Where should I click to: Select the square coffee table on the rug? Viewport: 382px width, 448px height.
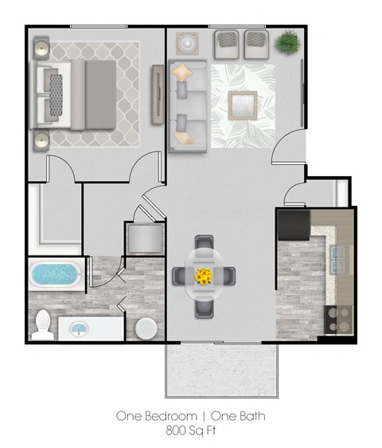[x=242, y=104]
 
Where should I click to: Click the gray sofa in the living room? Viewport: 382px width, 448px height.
[x=188, y=109]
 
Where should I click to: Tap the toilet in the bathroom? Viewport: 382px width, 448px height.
[x=45, y=322]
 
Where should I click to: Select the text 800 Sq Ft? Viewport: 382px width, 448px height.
[x=190, y=430]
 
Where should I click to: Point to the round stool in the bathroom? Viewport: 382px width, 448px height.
[x=146, y=328]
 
